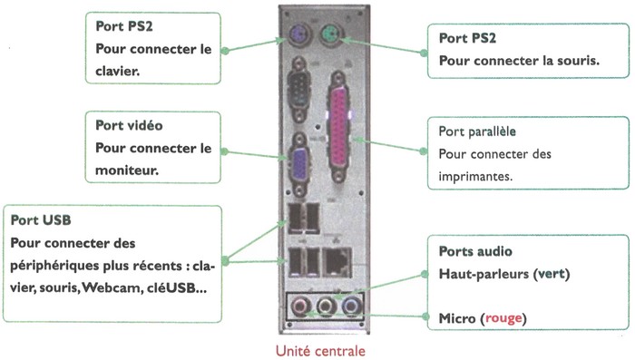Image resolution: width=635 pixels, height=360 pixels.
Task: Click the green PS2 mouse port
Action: pos(332,38)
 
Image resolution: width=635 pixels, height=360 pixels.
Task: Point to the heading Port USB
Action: pos(41,220)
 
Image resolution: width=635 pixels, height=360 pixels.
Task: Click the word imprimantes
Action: pos(474,176)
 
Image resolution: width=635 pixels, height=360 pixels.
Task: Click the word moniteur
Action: pos(126,170)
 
